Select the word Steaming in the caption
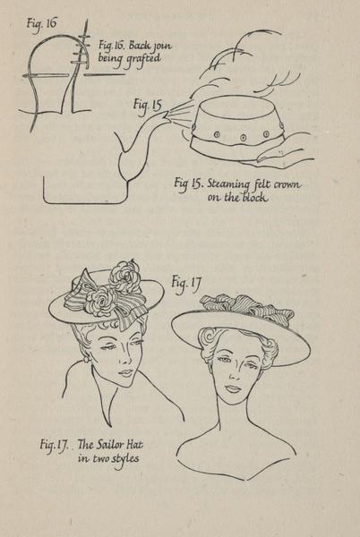228,184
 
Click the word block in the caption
254,198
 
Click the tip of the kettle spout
167,115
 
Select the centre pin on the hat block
243,138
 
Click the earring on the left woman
85,360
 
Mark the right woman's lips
234,389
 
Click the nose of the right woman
235,375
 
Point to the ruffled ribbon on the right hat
246,306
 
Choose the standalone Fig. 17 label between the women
186,284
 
